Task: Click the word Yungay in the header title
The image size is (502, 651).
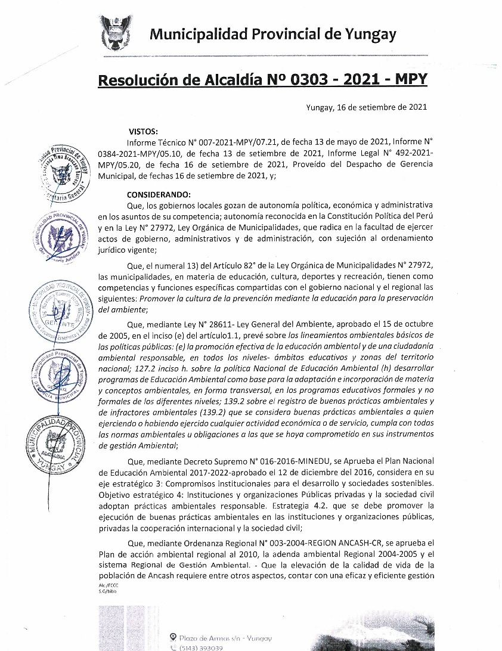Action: [x=370, y=35]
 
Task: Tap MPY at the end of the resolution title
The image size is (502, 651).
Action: [x=408, y=79]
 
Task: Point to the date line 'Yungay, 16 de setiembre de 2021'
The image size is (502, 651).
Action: [x=365, y=108]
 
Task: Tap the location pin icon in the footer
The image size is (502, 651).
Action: [x=173, y=637]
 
